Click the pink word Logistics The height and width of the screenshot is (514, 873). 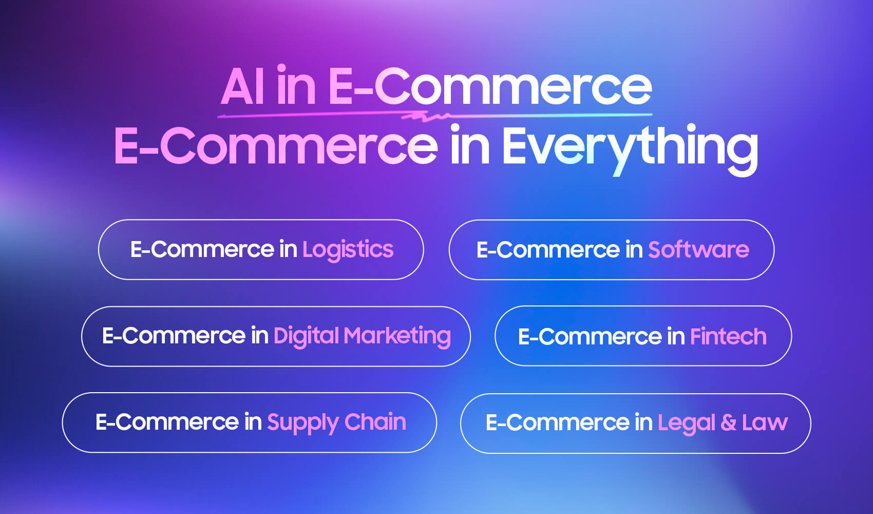(x=348, y=250)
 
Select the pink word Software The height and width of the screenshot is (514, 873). (x=698, y=250)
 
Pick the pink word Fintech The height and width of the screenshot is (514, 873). (x=728, y=337)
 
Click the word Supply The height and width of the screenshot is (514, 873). (x=303, y=423)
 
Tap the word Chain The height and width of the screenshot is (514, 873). (x=375, y=421)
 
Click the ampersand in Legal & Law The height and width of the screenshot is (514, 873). (x=728, y=423)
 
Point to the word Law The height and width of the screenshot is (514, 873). (x=765, y=423)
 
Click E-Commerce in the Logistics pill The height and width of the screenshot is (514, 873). (x=202, y=249)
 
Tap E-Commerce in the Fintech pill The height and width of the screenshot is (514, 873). (x=590, y=337)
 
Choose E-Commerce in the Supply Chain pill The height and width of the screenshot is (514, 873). (x=167, y=422)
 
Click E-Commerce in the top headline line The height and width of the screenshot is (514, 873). (x=490, y=86)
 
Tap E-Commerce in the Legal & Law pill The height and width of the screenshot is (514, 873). (x=558, y=423)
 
